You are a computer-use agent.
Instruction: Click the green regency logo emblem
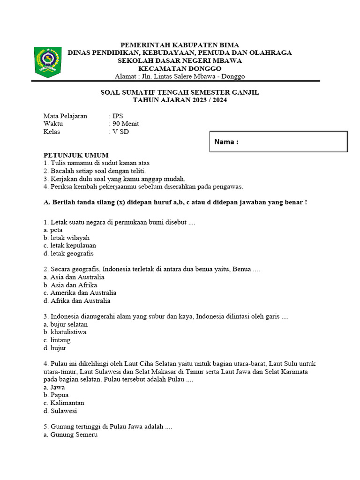48,61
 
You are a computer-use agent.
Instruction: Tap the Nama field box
278,142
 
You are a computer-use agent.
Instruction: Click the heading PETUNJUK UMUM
76,155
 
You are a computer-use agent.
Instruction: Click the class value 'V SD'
120,132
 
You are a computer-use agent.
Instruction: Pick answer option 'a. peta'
53,230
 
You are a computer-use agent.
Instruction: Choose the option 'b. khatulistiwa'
65,332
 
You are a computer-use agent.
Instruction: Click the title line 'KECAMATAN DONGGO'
180,68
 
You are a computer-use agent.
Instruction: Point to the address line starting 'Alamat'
180,76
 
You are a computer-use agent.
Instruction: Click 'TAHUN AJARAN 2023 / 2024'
180,100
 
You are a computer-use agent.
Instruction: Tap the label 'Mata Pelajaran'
65,116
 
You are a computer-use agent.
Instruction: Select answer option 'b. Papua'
56,395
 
